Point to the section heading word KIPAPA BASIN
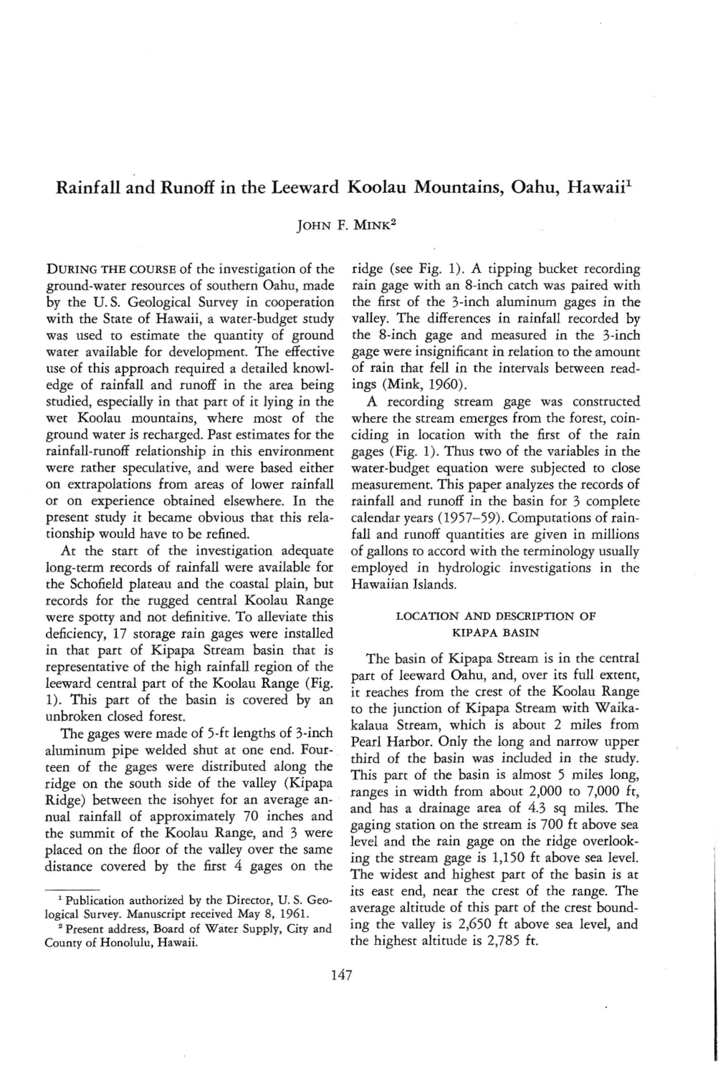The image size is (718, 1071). click(495, 633)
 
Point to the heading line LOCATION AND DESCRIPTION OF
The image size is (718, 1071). click(495, 616)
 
